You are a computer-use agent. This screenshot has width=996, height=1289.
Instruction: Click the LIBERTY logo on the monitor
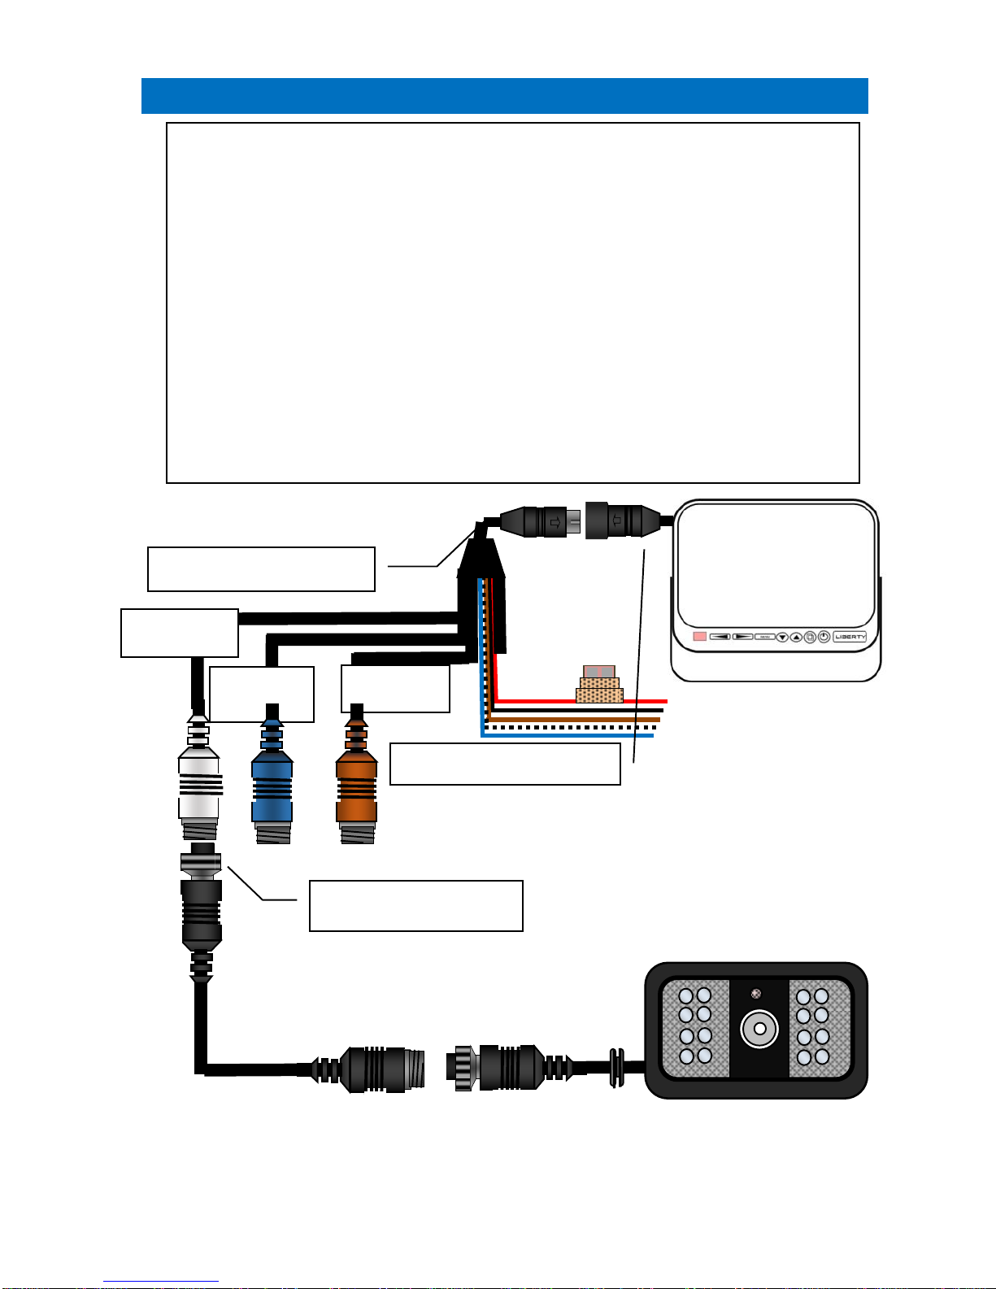850,637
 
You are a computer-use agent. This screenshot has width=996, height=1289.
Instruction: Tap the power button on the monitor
824,637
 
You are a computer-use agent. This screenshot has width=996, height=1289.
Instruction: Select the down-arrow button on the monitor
782,638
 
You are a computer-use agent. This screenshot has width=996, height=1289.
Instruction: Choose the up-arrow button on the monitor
796,638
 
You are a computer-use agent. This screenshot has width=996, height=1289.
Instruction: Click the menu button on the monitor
764,637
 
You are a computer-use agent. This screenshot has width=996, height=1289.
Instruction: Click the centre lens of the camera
759,1029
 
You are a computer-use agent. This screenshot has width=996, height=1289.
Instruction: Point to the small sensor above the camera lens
756,993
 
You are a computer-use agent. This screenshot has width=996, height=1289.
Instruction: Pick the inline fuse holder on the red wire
599,685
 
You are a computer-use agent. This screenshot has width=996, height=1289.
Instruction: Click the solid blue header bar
504,96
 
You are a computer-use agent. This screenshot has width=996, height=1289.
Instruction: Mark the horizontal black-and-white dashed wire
569,727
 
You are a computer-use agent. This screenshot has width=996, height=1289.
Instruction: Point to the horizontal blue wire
569,736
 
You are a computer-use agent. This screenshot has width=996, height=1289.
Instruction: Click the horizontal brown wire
569,719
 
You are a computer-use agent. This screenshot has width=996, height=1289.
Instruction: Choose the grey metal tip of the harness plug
574,523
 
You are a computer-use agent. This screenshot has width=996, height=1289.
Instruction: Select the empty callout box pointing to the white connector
415,905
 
